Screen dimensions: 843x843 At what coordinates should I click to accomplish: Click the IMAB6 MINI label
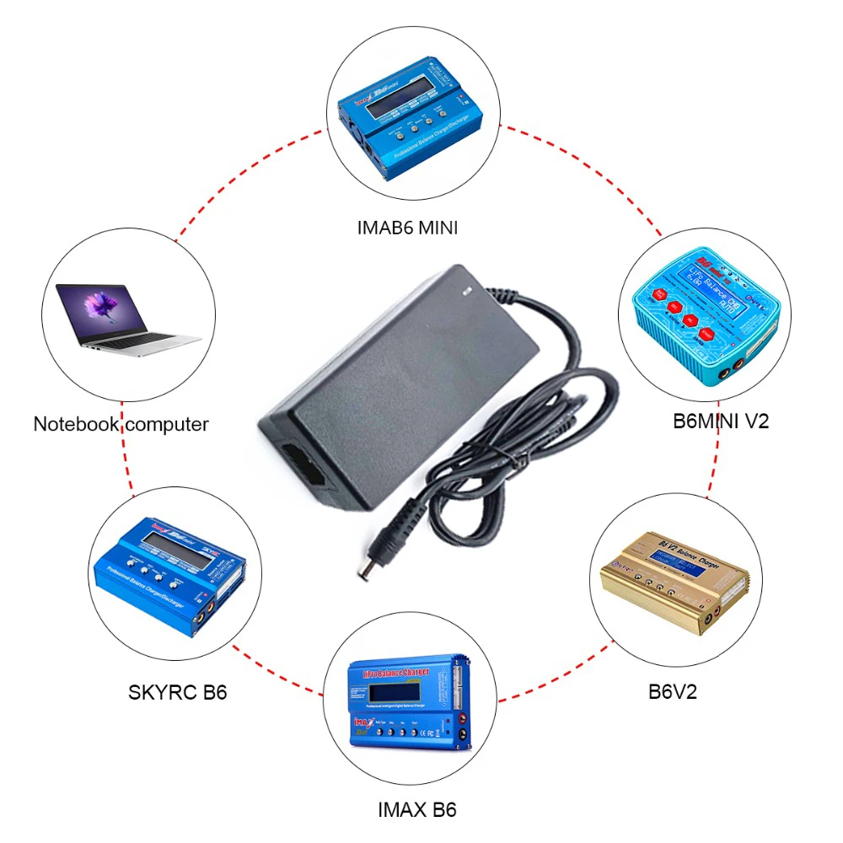click(x=407, y=227)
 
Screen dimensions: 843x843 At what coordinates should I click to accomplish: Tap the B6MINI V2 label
click(x=721, y=421)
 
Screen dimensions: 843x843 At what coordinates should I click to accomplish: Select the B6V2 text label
click(x=673, y=692)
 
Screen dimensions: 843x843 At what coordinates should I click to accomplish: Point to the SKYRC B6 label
click(x=178, y=693)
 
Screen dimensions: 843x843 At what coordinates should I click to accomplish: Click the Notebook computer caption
click(x=121, y=423)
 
